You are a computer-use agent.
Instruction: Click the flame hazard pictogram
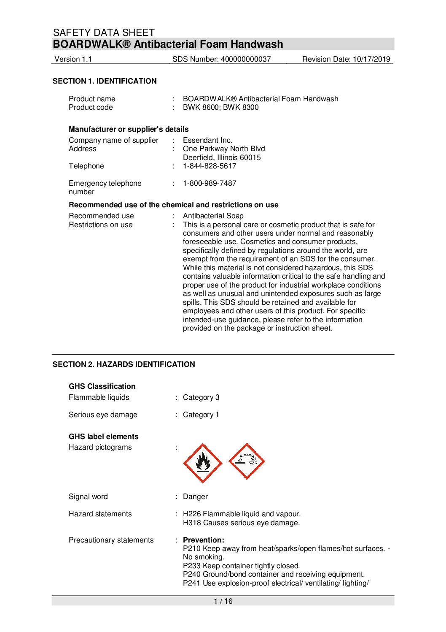203,463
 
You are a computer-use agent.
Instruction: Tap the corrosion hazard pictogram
247,461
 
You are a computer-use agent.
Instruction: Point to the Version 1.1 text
73,59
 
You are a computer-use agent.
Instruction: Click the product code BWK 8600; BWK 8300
220,107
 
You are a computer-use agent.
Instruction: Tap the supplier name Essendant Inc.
207,140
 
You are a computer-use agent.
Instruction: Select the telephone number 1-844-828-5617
210,166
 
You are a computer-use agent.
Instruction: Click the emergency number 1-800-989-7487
210,183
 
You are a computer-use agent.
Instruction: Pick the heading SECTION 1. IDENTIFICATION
105,81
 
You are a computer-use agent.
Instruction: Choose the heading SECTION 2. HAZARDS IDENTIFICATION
124,364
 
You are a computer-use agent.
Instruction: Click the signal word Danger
195,496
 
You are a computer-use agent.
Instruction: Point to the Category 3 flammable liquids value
201,397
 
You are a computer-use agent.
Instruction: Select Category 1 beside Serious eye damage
201,415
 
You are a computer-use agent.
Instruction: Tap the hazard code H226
192,514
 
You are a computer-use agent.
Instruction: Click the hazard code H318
192,523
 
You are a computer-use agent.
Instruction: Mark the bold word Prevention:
204,540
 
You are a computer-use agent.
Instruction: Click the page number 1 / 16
223,601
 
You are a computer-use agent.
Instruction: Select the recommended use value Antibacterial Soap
213,216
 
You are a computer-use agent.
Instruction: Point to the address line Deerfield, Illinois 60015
222,157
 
